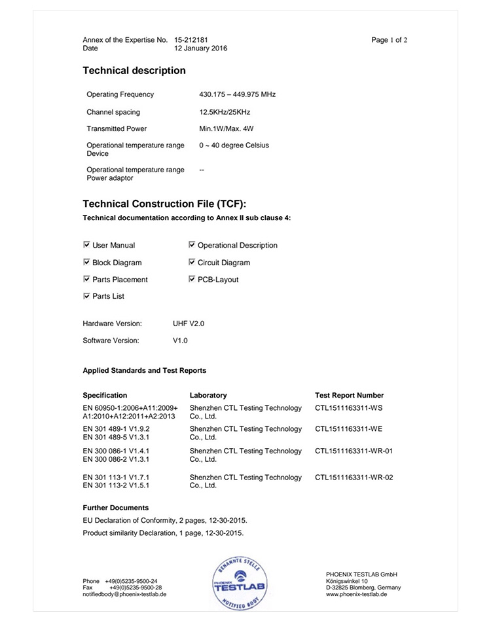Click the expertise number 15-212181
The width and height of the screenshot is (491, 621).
pos(191,40)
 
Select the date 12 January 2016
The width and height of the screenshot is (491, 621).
pos(201,48)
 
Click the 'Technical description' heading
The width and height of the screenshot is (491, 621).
pos(134,71)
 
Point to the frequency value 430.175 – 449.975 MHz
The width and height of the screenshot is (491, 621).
pos(237,94)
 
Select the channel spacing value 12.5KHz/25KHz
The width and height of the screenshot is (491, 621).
pos(225,112)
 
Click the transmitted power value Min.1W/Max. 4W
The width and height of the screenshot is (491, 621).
pos(226,129)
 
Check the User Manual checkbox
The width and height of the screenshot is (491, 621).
pos(87,245)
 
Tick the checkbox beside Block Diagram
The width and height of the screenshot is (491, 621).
pos(87,262)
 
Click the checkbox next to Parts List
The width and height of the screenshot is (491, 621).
pos(87,296)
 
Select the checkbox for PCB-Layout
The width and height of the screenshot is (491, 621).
pos(192,279)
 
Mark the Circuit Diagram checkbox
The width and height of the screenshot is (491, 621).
pos(192,262)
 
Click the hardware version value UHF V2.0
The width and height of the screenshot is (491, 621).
pos(189,324)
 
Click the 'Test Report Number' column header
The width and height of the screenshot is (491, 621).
pos(349,396)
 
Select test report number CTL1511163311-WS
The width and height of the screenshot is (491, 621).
pos(348,408)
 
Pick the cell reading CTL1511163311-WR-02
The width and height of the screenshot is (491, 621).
pos(354,478)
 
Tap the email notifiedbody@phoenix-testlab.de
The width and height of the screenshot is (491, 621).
pos(124,595)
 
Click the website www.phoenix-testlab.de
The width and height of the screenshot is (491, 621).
pos(356,595)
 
